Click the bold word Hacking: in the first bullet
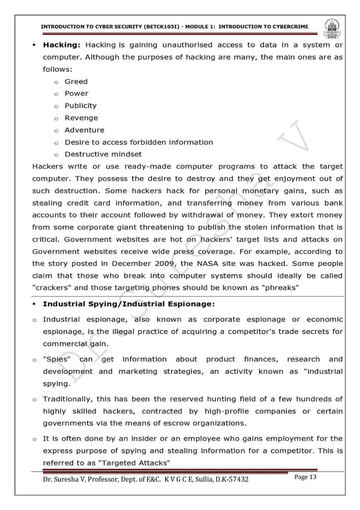[62, 45]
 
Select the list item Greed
[76, 81]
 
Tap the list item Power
[76, 93]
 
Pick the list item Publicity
[80, 106]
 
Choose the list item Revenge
[81, 117]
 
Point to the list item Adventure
[84, 130]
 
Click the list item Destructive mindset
[103, 154]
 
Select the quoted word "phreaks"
[279, 288]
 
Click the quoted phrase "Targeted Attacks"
[133, 463]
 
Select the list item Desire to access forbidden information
[139, 142]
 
